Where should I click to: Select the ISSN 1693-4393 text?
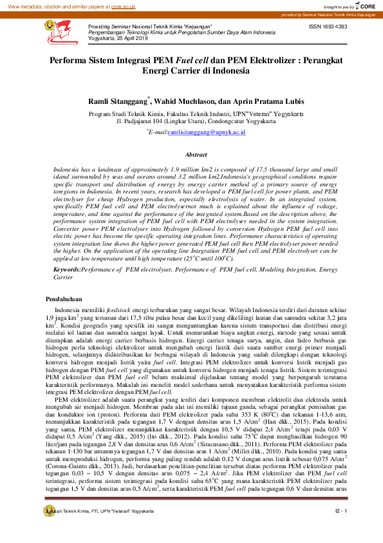[x=328, y=26]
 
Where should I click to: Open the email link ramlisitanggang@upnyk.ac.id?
[x=206, y=132]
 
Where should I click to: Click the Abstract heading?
[x=196, y=155]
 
